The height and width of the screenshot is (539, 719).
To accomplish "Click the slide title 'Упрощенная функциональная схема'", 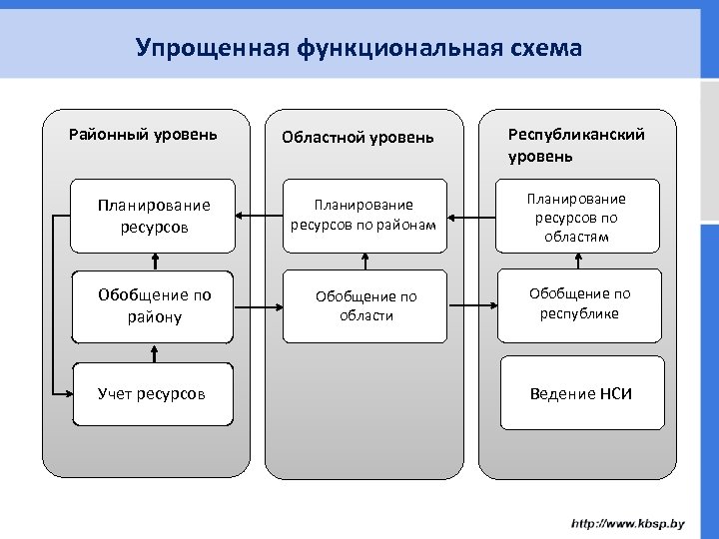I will coord(359,47).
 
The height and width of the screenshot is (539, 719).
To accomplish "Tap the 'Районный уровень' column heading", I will coord(143,133).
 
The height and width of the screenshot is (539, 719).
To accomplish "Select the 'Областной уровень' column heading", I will coord(358,137).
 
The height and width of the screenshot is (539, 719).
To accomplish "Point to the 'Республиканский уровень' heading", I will coord(576,145).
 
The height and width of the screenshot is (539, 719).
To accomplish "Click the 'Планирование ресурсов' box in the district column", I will coord(154,216).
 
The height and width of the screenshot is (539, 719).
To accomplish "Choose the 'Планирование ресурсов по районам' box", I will coord(364,215).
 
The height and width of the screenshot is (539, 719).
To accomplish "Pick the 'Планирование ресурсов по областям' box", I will coord(578,217).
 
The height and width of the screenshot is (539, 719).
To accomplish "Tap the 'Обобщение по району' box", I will coord(154,305).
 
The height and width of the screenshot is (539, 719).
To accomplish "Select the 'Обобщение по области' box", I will coord(365,305).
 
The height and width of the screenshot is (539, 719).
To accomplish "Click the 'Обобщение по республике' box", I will coord(579,304).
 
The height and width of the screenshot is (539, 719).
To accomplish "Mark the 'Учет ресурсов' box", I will coord(152,393).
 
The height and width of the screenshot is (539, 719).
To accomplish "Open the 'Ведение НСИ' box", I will coord(581,393).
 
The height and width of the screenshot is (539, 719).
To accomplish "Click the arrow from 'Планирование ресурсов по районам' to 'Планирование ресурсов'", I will coord(259,216).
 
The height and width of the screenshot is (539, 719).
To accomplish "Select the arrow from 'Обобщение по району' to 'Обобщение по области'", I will coord(259,307).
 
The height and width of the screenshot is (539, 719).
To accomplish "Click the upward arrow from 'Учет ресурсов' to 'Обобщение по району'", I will coord(154,353).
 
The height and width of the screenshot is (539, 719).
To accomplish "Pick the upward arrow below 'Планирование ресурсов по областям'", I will coord(578,262).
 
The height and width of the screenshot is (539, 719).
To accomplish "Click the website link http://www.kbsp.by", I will coord(627,523).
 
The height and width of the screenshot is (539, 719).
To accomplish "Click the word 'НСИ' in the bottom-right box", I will coord(616,393).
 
